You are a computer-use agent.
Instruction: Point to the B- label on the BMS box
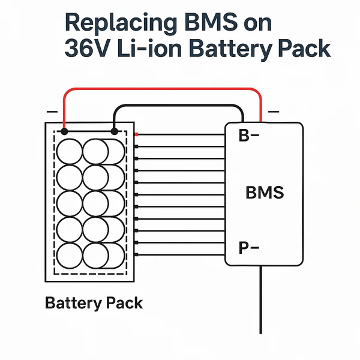[x=248, y=136]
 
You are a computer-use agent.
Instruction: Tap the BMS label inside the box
[x=265, y=193]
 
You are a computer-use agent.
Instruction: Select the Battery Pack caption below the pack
[x=94, y=303]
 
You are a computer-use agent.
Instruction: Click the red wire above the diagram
[x=162, y=90]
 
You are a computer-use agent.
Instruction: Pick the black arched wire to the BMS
[x=180, y=106]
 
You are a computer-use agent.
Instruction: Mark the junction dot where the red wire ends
[x=64, y=131]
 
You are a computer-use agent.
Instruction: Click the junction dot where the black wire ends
[x=115, y=131]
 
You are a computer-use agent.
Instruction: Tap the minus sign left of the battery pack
[x=52, y=112]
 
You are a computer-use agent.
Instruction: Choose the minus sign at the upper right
[x=274, y=112]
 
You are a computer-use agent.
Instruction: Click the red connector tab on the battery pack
[x=137, y=134]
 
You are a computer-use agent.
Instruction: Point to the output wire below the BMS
[x=261, y=300]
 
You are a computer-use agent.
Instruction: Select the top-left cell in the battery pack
[x=70, y=151]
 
